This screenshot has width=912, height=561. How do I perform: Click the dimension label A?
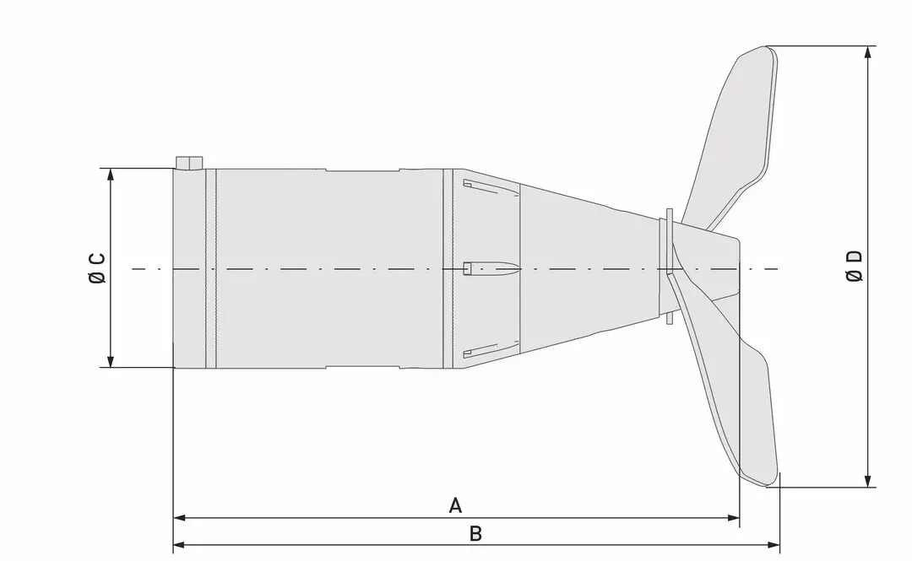[455, 505]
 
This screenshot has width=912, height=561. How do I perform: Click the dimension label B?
[475, 533]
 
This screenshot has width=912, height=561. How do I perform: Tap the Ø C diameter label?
[98, 268]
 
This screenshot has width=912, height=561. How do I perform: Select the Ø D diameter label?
[854, 267]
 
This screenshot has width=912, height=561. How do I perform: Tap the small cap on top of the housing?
[189, 163]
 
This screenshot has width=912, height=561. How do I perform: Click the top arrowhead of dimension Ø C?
[111, 175]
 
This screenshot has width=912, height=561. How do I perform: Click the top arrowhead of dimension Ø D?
[868, 53]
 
